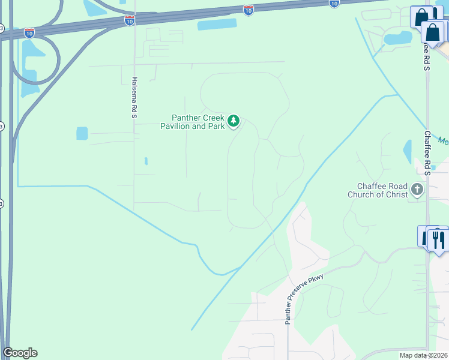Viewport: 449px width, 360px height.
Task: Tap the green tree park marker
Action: (234, 122)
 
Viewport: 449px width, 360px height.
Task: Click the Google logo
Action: (20, 353)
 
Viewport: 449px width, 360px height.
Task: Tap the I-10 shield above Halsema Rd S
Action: (129, 20)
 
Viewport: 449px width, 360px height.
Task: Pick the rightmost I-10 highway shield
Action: (334, 3)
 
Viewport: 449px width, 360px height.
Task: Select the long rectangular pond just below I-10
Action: (217, 25)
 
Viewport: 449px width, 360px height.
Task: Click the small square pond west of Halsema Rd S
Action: (82, 133)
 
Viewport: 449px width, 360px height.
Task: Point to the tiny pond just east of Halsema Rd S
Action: (146, 161)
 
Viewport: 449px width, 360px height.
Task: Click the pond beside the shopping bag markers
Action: (398, 38)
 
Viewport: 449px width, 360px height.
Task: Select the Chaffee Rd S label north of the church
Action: (428, 153)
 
